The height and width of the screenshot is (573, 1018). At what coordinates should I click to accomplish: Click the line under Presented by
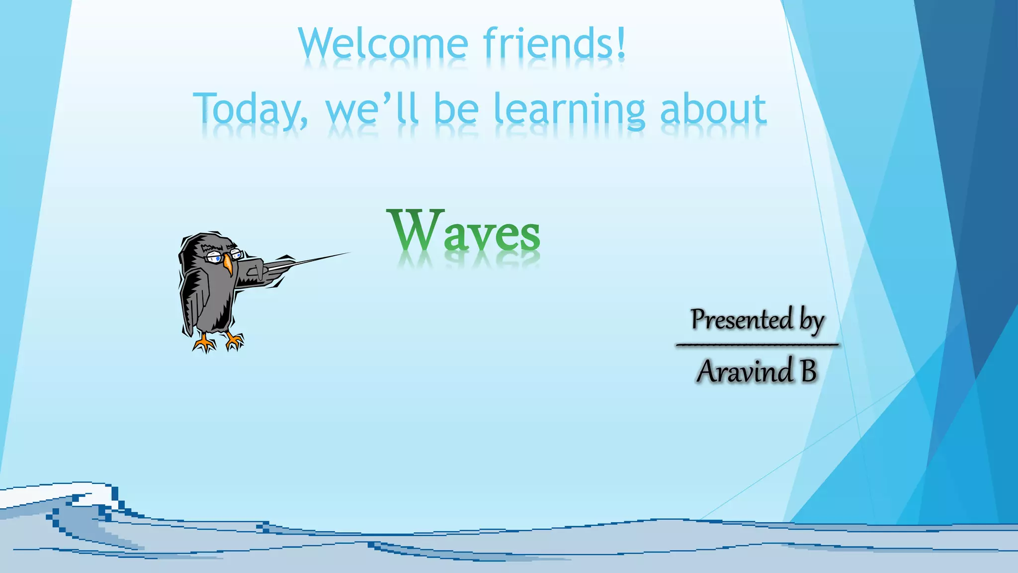click(x=757, y=344)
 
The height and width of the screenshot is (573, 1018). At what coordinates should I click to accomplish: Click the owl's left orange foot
click(x=204, y=343)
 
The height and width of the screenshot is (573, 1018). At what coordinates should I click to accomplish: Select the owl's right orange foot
click(x=234, y=341)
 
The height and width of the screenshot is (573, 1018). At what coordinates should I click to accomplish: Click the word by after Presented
click(x=812, y=320)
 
